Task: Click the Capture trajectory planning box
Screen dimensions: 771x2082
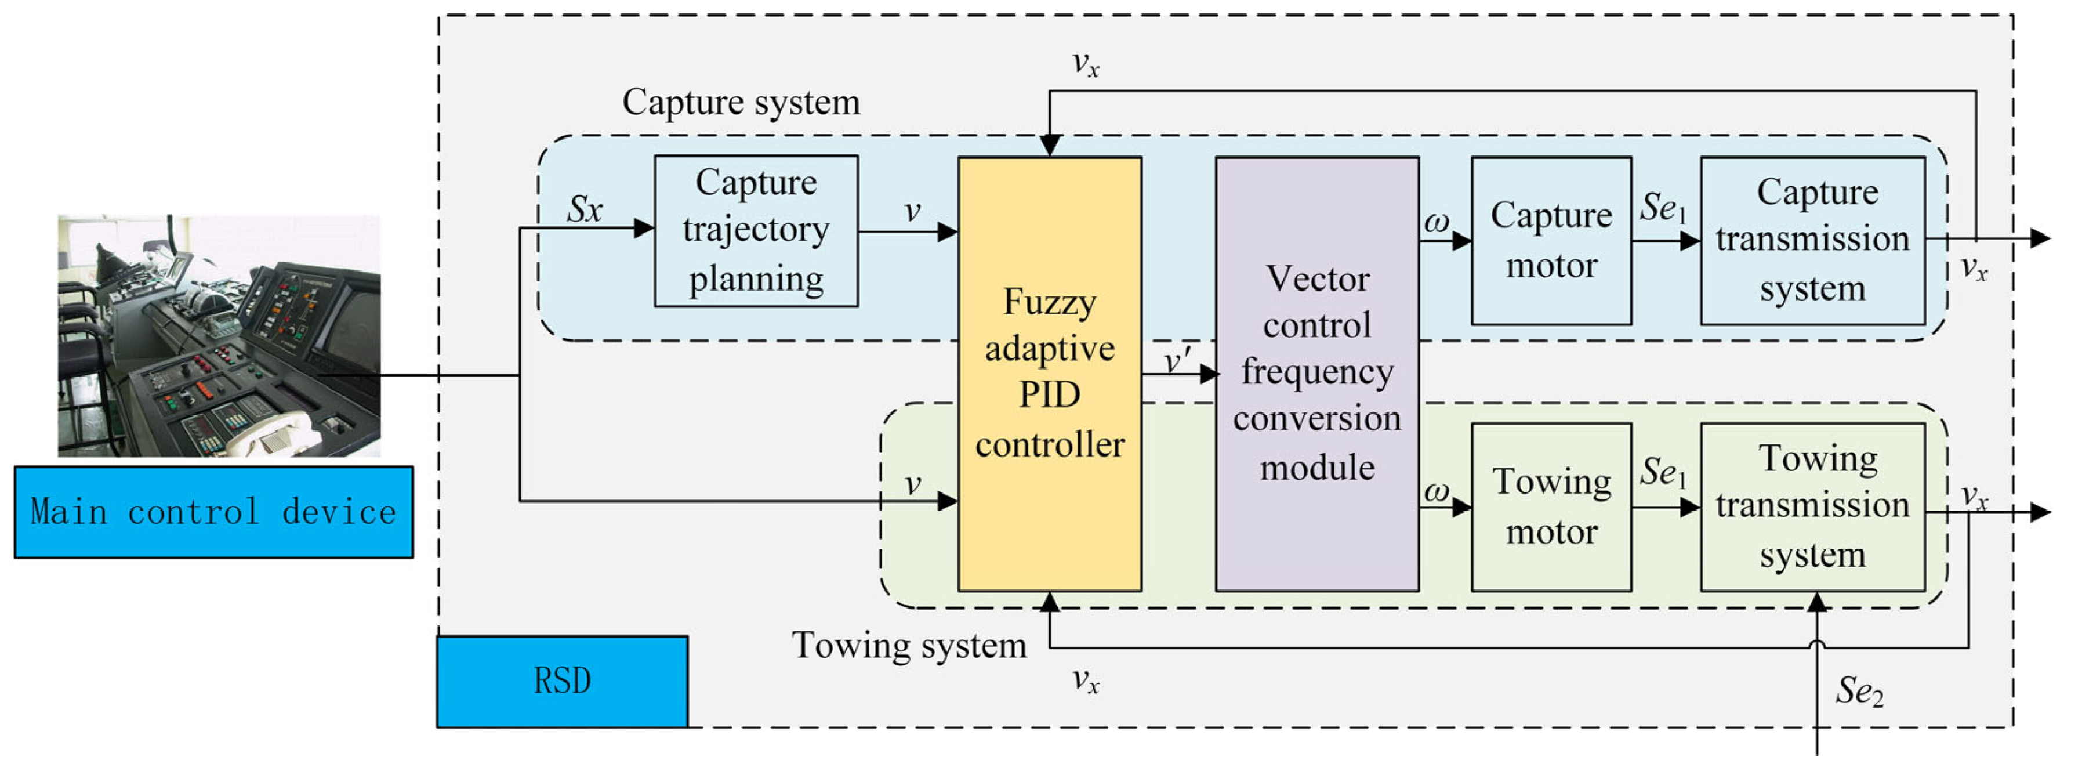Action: (x=756, y=231)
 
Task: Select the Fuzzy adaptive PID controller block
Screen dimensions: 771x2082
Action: (x=1049, y=374)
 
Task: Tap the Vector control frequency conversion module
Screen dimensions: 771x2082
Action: (x=1316, y=374)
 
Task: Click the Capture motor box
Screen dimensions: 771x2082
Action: (x=1551, y=241)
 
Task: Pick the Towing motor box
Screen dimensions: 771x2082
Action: (x=1551, y=506)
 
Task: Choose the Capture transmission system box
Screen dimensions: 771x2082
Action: (x=1812, y=241)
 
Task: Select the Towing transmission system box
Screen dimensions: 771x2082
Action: (x=1812, y=506)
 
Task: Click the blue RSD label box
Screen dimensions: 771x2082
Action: (x=562, y=680)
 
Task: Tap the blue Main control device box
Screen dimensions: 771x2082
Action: (x=213, y=512)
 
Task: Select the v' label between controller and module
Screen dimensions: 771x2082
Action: (x=1177, y=360)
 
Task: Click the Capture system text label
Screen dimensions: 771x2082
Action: (x=741, y=103)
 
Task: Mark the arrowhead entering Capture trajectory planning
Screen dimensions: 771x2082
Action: (x=644, y=229)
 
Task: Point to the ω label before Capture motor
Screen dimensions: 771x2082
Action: (x=1436, y=222)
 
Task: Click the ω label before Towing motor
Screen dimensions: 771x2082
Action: (x=1436, y=490)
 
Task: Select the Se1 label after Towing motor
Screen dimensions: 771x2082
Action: (x=1663, y=472)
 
